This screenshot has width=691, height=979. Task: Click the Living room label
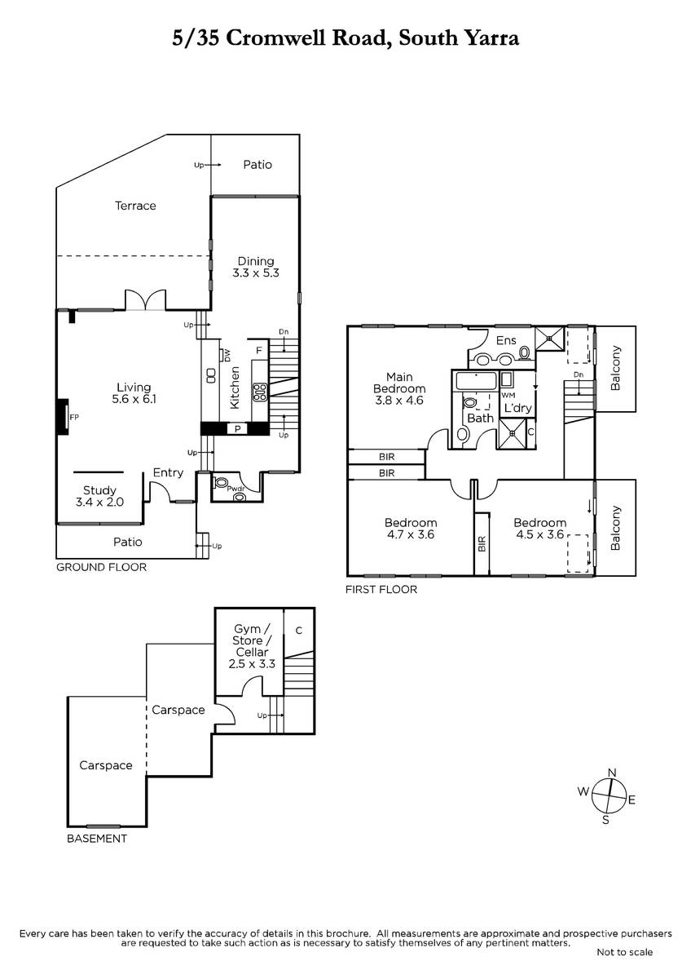coord(134,393)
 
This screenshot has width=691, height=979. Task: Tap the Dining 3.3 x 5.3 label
coord(255,267)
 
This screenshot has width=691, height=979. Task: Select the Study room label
coord(99,496)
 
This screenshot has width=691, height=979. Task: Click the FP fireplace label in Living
coord(74,417)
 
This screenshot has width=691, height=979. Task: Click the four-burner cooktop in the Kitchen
coord(260,392)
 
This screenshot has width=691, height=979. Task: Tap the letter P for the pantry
coord(237,429)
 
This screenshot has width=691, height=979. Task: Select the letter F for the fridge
coord(259,351)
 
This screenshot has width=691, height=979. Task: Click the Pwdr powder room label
coord(235,489)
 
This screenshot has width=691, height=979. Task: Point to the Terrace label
coord(135,206)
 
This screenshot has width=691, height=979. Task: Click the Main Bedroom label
coord(399,388)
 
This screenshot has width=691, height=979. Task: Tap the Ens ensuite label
coord(506,340)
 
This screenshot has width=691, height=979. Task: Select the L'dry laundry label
coord(517,408)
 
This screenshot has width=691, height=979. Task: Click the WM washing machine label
coord(508,396)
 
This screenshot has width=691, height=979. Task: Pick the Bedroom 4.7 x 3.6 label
coord(411,529)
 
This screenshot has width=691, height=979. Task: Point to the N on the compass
coord(612,773)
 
